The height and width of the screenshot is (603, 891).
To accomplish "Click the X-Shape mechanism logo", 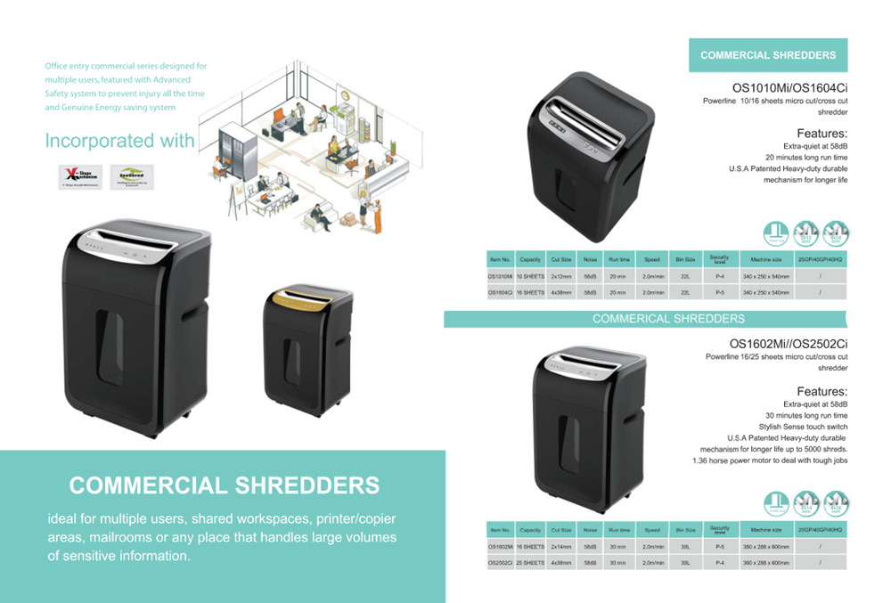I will (80, 177).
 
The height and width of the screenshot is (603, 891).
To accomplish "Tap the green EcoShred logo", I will (132, 177).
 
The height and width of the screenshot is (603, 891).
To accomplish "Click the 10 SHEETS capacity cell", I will (530, 276).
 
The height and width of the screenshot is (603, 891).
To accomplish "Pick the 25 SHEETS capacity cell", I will (530, 563).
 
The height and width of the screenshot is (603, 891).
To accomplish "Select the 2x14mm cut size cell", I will (560, 546).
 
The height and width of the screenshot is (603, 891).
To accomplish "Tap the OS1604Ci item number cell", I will (500, 292).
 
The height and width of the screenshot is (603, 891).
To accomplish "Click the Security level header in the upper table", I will (719, 259).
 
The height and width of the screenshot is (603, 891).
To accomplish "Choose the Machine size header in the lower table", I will (765, 530).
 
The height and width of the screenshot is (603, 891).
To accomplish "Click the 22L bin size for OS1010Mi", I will (685, 276).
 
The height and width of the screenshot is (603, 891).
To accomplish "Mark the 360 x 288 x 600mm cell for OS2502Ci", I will (765, 563).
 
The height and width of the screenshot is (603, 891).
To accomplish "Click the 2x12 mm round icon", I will (805, 233).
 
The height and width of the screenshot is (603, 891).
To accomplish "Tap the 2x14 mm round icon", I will (805, 503).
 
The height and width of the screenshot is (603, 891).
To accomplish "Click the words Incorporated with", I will (119, 141).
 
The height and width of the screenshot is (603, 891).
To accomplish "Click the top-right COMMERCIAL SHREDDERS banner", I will (768, 55).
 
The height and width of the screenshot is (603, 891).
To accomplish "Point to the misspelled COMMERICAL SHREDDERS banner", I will (668, 318).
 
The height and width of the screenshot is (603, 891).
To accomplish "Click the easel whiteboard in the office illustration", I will (238, 195).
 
